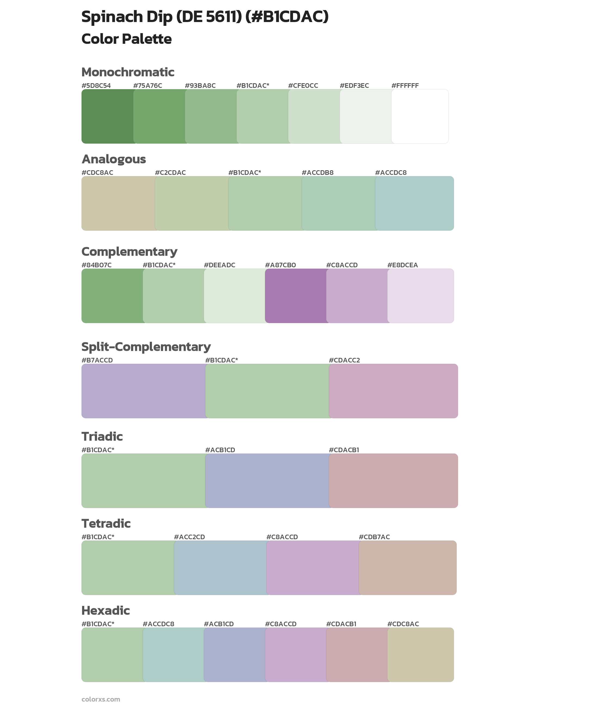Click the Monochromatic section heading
pyautogui.click(x=128, y=72)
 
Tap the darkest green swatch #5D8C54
pyautogui.click(x=107, y=116)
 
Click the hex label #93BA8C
pyautogui.click(x=200, y=85)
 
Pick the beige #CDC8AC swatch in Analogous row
pyautogui.click(x=118, y=203)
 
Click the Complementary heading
pyautogui.click(x=129, y=251)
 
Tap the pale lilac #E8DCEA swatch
pyautogui.click(x=420, y=296)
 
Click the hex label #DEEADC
pyautogui.click(x=219, y=265)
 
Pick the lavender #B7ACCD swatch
pyautogui.click(x=143, y=391)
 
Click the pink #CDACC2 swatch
pyautogui.click(x=393, y=391)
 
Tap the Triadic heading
pyautogui.click(x=102, y=436)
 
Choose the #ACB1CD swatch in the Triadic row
pyautogui.click(x=267, y=480)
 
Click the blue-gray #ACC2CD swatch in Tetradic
pyautogui.click(x=220, y=567)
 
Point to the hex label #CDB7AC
pyautogui.click(x=374, y=537)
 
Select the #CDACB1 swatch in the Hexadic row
pyautogui.click(x=356, y=655)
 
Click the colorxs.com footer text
pyautogui.click(x=101, y=699)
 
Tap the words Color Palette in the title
pyautogui.click(x=126, y=39)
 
